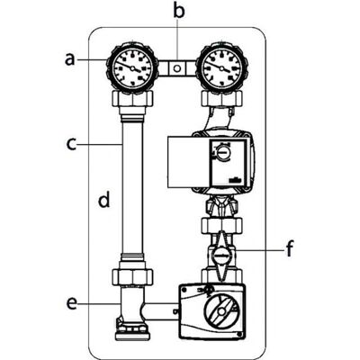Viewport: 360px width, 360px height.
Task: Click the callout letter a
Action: (x=69, y=59)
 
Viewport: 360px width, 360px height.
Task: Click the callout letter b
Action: (x=179, y=11)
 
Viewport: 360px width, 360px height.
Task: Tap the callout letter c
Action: (x=71, y=144)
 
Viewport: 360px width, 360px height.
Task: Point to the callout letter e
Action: (x=72, y=303)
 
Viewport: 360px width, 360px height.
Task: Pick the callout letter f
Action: (x=289, y=249)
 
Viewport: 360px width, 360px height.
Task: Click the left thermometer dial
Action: (x=132, y=67)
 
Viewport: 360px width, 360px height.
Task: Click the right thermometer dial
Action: (x=221, y=67)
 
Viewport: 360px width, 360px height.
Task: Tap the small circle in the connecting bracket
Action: (x=177, y=68)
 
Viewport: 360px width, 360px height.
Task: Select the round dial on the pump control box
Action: (x=222, y=153)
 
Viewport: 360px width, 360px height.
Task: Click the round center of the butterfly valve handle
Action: (x=222, y=256)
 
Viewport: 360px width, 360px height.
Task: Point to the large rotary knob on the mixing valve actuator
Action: (x=221, y=311)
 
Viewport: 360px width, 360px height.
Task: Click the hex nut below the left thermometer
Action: (x=132, y=98)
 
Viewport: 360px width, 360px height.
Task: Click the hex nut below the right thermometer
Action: (x=221, y=98)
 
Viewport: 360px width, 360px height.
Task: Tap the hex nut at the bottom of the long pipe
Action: (x=132, y=276)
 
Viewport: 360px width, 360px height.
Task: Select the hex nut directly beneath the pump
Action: (x=221, y=226)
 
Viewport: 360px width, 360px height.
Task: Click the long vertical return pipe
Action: (x=132, y=186)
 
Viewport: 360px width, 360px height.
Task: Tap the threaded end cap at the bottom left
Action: (x=132, y=330)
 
